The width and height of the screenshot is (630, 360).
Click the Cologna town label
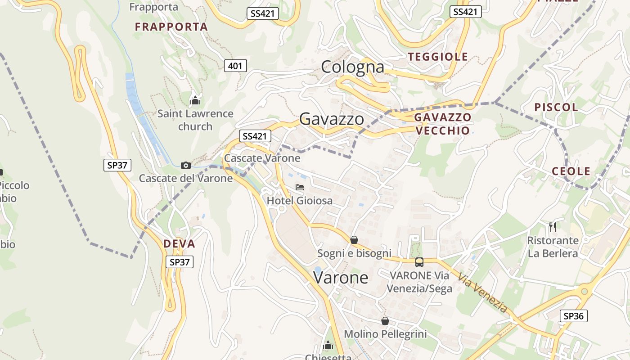[352, 67]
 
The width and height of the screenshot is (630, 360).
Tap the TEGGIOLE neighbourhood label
[438, 57]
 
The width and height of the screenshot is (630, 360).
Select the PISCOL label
[556, 107]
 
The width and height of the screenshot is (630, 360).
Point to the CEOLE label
[571, 171]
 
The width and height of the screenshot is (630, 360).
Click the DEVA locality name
[179, 244]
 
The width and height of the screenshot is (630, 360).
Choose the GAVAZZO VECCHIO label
[442, 124]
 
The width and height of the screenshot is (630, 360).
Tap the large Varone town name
[341, 278]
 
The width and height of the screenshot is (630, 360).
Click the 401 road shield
[235, 66]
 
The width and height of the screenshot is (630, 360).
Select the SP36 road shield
[574, 316]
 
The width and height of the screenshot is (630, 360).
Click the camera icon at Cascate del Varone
[186, 165]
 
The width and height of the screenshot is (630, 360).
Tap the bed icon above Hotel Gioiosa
[300, 187]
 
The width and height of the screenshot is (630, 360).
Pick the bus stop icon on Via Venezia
[419, 262]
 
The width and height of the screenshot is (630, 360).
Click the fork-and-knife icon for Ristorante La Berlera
[553, 227]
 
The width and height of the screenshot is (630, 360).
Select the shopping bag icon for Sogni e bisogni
[354, 240]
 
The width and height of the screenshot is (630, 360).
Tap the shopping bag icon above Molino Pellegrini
[385, 321]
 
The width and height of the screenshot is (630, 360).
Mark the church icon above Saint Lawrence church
[195, 100]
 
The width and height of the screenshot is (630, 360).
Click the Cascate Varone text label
[262, 158]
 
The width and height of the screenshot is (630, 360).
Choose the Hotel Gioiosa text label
[300, 201]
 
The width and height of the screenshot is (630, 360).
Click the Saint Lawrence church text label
[195, 120]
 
